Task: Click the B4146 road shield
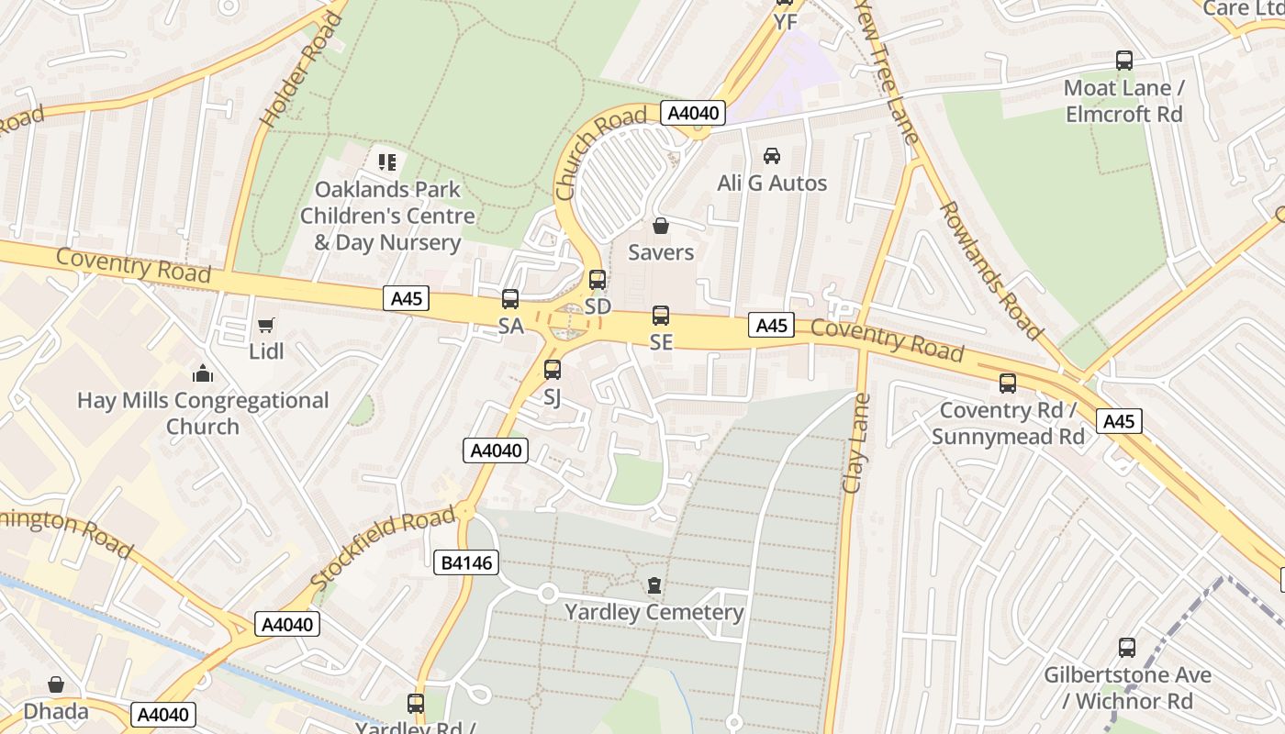point(466,562)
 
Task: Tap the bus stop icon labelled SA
point(510,299)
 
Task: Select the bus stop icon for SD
point(598,280)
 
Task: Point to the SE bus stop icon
point(661,316)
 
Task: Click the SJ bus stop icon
point(552,370)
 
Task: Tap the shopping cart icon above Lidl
point(266,325)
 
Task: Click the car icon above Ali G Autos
point(772,156)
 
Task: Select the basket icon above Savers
point(661,226)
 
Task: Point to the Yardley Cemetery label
point(654,612)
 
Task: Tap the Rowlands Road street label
point(990,271)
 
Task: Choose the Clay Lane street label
point(855,443)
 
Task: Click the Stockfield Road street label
point(384,549)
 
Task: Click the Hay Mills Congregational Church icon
point(203,373)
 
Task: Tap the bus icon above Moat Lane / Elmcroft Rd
point(1124,61)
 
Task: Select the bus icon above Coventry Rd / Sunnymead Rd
point(1008,384)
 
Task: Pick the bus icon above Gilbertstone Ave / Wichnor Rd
point(1127,648)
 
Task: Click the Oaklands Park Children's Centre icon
point(387,162)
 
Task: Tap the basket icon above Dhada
point(56,684)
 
